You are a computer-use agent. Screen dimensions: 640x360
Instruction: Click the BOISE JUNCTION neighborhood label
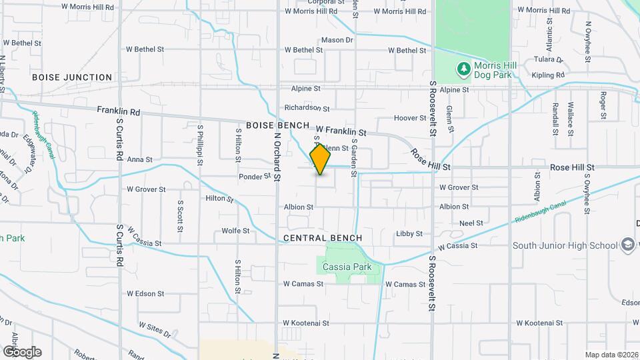coord(73,77)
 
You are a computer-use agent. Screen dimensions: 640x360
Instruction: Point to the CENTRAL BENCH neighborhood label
coord(323,238)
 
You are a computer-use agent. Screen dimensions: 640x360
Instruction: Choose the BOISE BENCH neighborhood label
coord(277,125)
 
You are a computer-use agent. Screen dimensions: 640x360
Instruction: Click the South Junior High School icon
coord(627,245)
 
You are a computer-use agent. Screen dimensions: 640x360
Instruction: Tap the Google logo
coord(22,351)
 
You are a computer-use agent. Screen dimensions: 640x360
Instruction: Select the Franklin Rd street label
coord(119,111)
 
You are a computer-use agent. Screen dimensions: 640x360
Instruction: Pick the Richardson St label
coord(307,107)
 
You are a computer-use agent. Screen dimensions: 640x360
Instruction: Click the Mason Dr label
coord(337,41)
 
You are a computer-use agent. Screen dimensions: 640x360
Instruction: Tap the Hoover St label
coord(409,118)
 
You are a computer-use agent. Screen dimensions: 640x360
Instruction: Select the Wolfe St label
coord(236,231)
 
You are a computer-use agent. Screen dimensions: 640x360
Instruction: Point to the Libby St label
coord(409,234)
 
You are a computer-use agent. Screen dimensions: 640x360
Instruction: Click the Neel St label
coord(471,224)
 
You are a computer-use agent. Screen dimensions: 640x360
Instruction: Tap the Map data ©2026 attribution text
coord(611,355)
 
